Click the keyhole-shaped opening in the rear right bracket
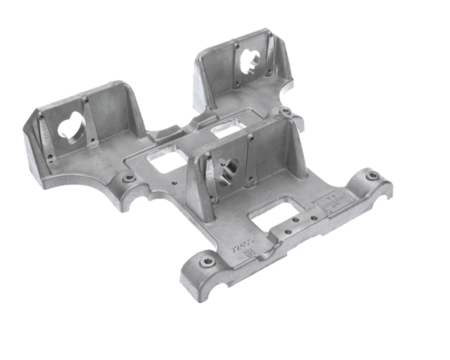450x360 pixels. coord(249,63)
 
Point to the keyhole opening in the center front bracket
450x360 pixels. coord(228,172)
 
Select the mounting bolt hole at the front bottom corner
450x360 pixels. coord(207,262)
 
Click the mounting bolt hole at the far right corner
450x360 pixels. coord(372,176)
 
